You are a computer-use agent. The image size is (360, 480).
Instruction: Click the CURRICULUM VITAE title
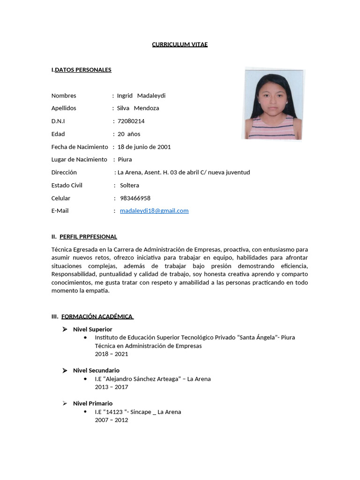(180, 45)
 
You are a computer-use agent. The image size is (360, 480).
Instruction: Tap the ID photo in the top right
(273, 105)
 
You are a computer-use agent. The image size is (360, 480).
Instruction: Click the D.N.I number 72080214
(131, 121)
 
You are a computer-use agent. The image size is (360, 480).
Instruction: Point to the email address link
(154, 211)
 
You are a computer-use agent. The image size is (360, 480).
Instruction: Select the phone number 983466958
(135, 198)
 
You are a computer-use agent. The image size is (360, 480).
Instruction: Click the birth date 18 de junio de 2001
(144, 147)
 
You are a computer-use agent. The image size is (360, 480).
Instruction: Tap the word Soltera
(129, 185)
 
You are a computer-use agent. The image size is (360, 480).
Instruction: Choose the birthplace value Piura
(125, 159)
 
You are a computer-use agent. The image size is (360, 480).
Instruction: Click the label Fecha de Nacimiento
(80, 147)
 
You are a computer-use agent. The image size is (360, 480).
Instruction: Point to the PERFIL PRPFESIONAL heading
(88, 237)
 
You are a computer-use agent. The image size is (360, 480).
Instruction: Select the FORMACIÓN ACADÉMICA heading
(97, 316)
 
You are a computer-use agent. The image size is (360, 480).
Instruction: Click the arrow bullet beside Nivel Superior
(65, 329)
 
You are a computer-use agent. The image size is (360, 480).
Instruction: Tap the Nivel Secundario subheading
(96, 370)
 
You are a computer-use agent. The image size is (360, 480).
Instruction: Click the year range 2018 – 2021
(111, 354)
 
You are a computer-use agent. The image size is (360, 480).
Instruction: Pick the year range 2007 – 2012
(111, 420)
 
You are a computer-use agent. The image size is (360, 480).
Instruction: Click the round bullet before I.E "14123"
(84, 412)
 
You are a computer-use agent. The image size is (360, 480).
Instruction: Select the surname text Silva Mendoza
(138, 108)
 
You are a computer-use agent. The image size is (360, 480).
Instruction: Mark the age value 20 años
(129, 134)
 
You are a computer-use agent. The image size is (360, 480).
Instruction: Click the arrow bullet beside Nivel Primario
(65, 403)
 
